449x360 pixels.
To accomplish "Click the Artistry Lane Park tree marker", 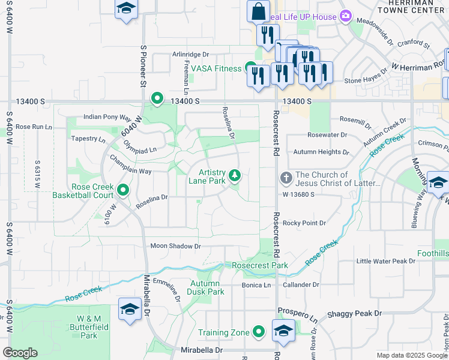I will click(236, 175).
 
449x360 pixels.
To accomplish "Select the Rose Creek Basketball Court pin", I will click(124, 190).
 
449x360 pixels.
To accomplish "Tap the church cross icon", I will click(286, 178).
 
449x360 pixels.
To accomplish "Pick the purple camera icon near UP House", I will click(346, 16).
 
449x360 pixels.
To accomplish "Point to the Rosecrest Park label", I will click(260, 265).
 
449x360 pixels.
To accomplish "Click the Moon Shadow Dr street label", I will click(175, 246).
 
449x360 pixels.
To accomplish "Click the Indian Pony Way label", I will click(107, 118).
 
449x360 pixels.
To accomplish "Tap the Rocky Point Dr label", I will click(304, 223).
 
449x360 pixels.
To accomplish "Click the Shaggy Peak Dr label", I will click(355, 314).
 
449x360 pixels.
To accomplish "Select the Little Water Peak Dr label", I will click(385, 261).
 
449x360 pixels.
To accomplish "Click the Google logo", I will click(20, 353).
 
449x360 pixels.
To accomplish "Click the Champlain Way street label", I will click(129, 172).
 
